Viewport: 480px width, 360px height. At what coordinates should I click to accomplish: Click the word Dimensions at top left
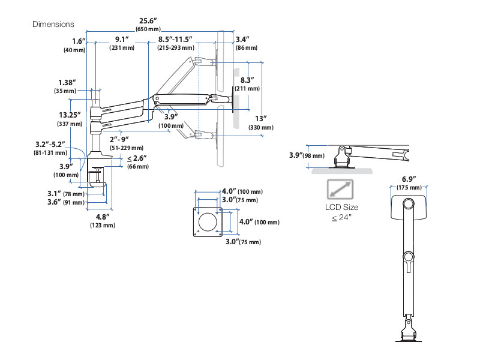53,25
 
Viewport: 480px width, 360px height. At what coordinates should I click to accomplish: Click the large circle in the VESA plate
209,220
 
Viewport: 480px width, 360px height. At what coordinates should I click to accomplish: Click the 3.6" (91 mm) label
63,202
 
